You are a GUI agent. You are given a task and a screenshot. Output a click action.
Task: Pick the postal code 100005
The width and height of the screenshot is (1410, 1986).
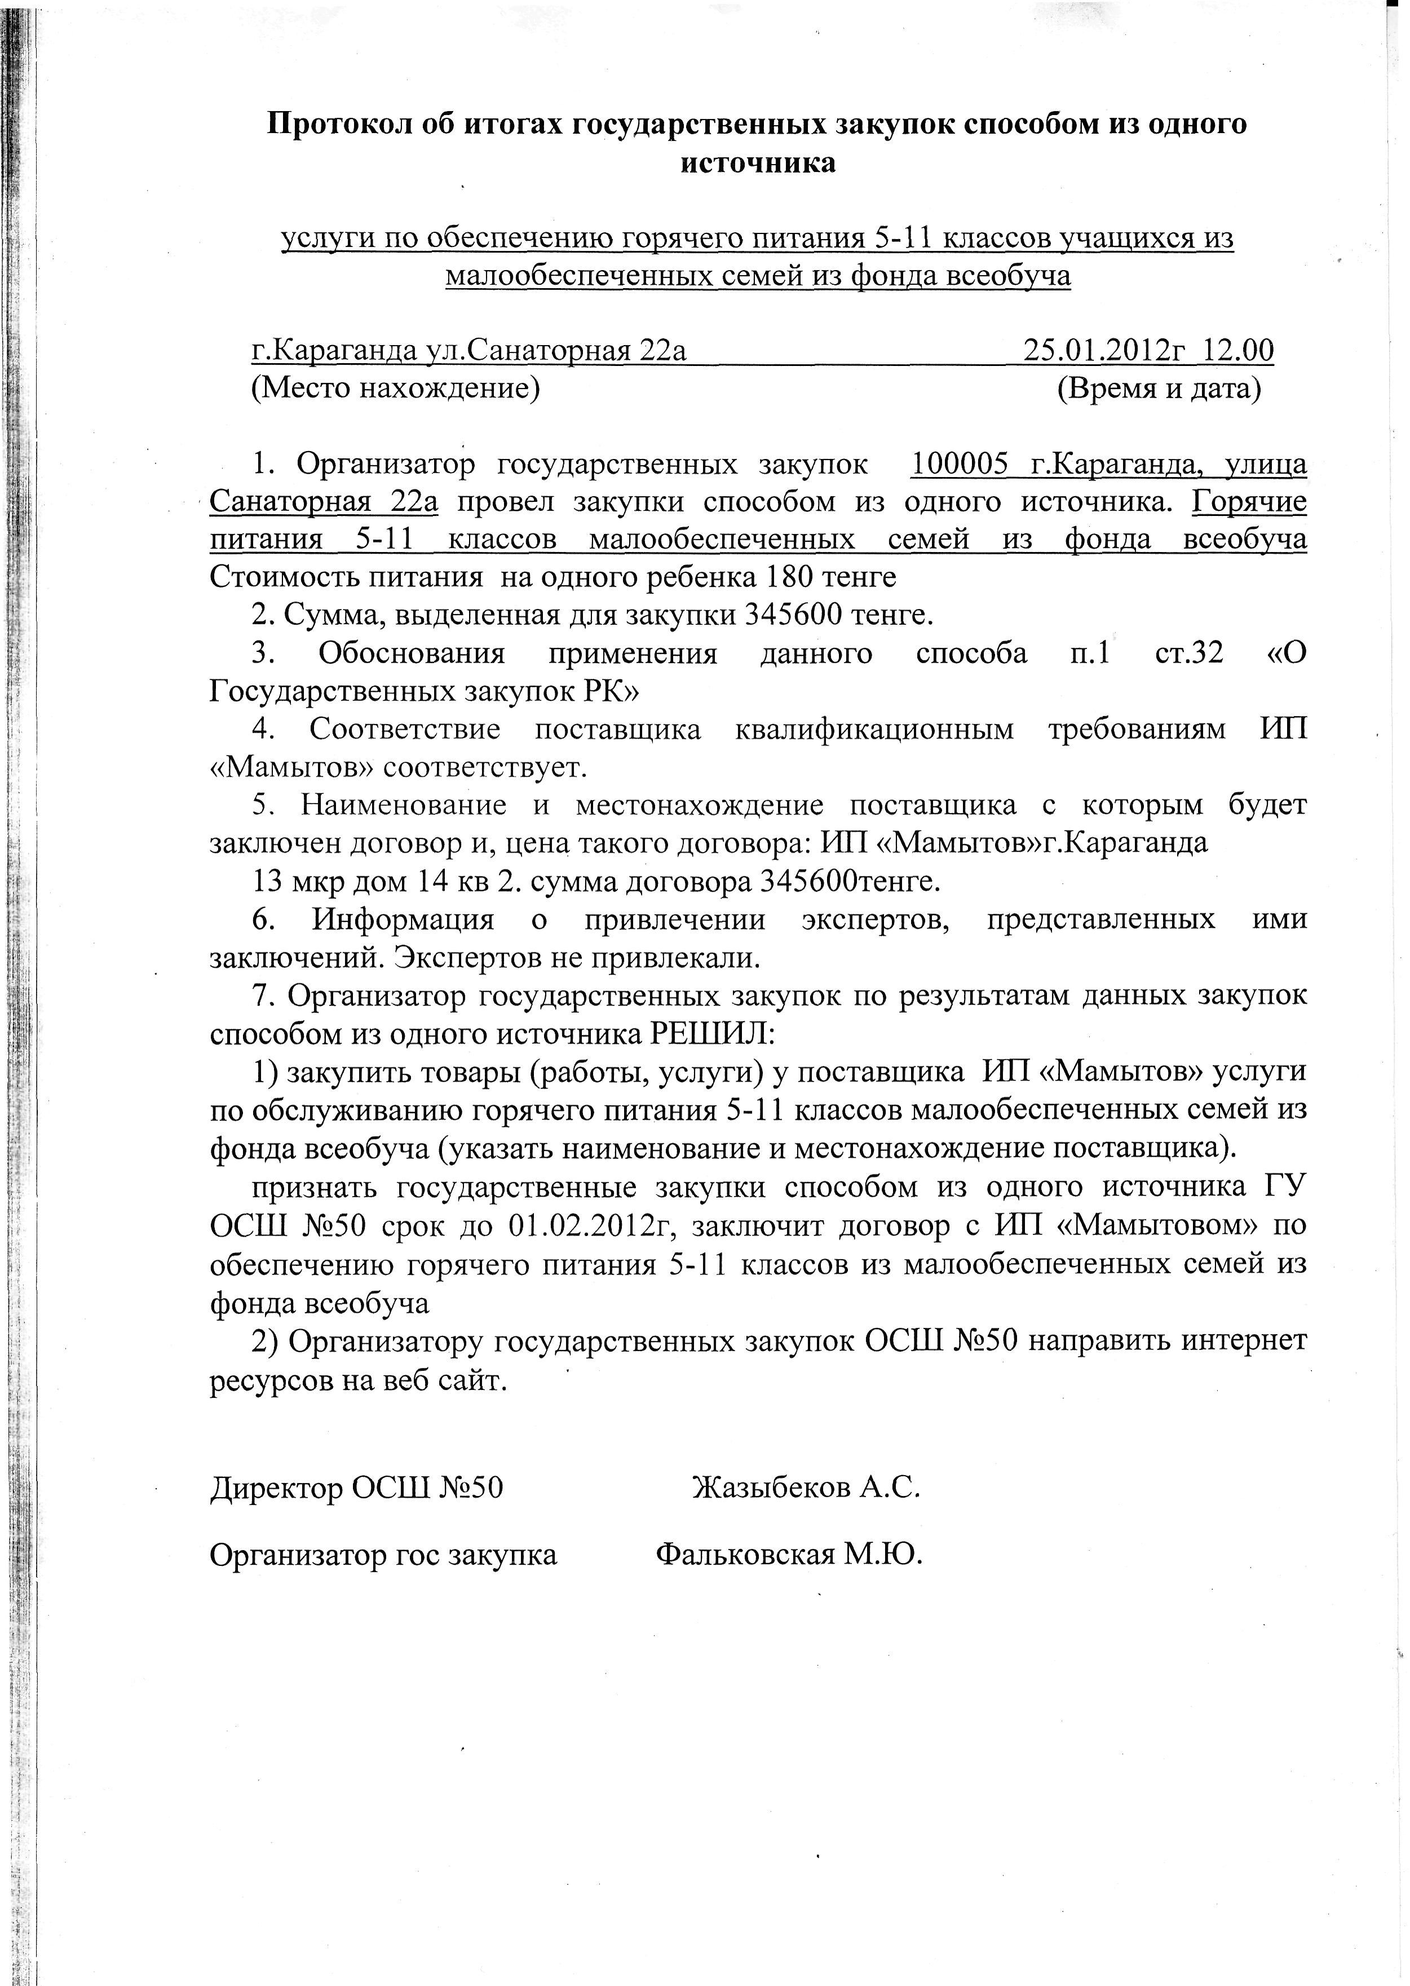click(x=958, y=465)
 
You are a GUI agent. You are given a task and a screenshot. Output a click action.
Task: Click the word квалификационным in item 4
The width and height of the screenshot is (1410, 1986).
click(x=874, y=730)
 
